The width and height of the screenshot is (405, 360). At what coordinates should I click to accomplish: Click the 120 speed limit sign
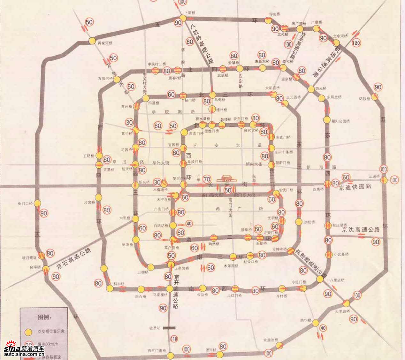(356, 43)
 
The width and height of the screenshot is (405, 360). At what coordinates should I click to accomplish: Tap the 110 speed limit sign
(174, 339)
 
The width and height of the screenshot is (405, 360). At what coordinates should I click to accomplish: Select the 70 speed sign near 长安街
(207, 180)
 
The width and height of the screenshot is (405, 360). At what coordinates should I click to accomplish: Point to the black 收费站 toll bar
(169, 328)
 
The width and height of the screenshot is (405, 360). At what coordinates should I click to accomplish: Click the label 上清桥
(190, 13)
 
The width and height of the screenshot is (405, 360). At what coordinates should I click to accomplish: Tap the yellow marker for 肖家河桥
(92, 41)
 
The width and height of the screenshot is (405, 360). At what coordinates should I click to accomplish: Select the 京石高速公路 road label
(73, 258)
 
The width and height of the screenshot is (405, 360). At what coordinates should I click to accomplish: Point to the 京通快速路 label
(355, 187)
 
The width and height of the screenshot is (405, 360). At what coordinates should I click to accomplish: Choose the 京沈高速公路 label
(361, 229)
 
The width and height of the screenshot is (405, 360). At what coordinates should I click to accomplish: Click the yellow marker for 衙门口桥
(38, 203)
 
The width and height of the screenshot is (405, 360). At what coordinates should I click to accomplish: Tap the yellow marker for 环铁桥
(374, 96)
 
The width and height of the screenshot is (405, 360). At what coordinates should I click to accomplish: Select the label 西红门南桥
(157, 350)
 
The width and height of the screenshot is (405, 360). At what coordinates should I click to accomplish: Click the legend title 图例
(44, 317)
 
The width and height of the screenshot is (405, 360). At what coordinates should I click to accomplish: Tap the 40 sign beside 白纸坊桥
(189, 224)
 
